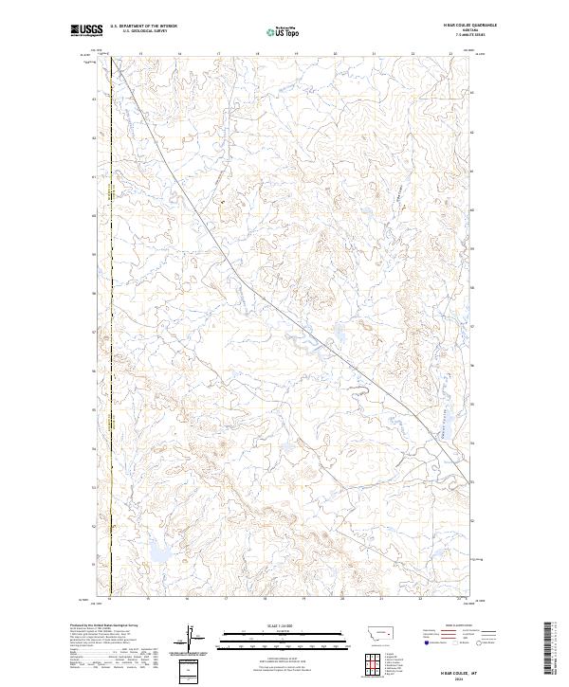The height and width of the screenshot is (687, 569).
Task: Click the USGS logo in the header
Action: click(86, 30)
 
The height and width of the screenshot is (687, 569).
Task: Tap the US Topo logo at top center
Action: click(285, 31)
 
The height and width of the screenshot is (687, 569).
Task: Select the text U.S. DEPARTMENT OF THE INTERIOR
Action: click(143, 26)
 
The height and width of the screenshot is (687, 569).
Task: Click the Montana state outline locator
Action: click(380, 629)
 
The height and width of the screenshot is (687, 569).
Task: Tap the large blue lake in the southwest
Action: click(159, 551)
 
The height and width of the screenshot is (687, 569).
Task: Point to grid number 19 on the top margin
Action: click(296, 54)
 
